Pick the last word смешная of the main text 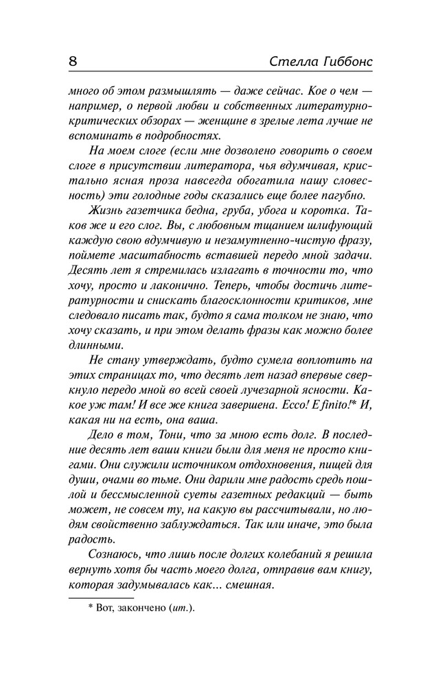248,586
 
